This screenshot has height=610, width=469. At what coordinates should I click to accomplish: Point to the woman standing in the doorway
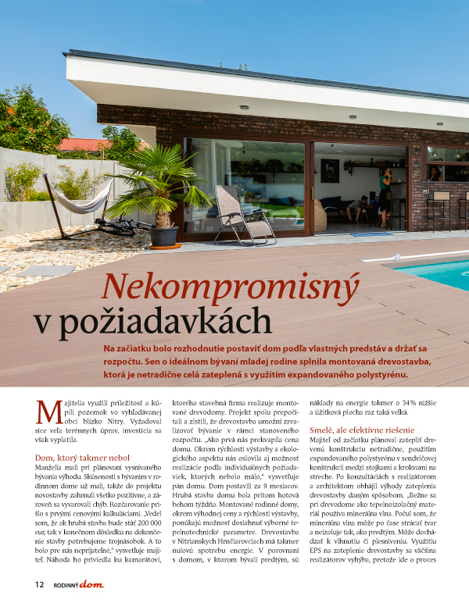384,196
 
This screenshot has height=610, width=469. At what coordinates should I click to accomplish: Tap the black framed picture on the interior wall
330,170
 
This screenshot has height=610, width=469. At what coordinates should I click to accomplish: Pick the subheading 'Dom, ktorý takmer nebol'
80,457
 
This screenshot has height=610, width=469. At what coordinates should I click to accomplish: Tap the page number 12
39,584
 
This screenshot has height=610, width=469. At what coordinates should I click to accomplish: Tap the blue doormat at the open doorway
371,234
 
